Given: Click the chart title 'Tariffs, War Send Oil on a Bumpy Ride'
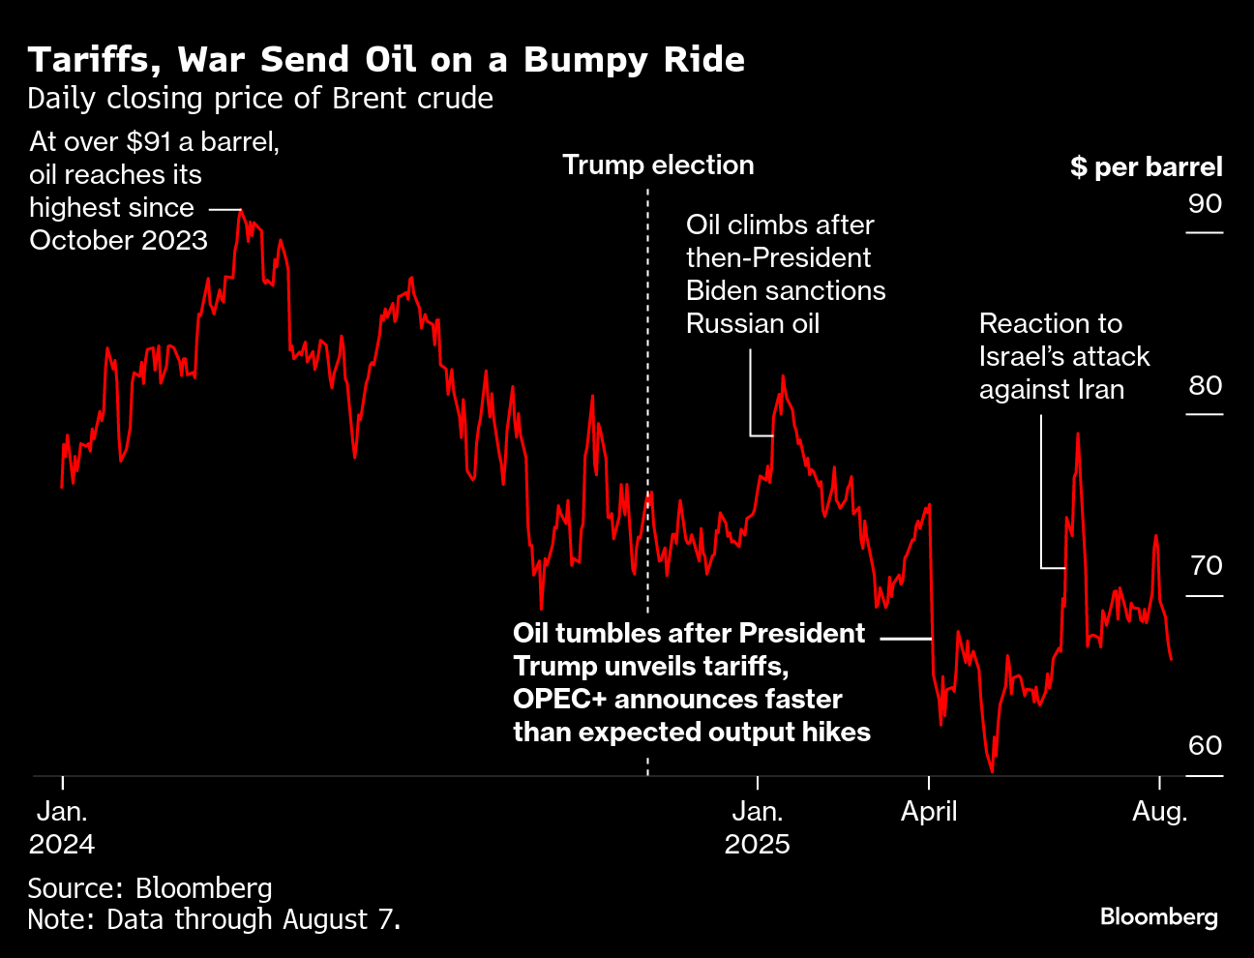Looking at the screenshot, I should [x=386, y=60].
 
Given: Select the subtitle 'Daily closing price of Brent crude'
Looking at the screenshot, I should [x=260, y=99].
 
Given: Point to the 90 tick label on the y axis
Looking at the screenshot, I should [x=1205, y=204].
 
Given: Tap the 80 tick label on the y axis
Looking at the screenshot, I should [x=1205, y=385].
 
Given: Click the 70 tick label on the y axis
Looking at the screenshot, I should [x=1206, y=565].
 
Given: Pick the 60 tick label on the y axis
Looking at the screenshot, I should [x=1205, y=745].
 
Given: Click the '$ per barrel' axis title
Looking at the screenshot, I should [x=1146, y=166].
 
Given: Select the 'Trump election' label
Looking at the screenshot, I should [x=658, y=165].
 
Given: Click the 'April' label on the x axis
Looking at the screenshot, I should [x=929, y=811].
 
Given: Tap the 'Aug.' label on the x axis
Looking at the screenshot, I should [x=1159, y=811].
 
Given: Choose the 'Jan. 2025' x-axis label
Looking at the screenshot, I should [x=757, y=827].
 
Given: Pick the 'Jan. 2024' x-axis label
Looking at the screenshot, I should [x=62, y=827].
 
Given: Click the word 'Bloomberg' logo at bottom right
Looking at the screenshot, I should [x=1158, y=915].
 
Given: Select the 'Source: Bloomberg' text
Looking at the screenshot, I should [x=150, y=887].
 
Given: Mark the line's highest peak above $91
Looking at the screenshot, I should [x=241, y=211].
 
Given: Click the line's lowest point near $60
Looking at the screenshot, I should [x=992, y=771].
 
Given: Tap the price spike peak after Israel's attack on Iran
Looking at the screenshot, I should [x=1077, y=434].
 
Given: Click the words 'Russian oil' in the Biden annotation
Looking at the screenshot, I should [x=752, y=323].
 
